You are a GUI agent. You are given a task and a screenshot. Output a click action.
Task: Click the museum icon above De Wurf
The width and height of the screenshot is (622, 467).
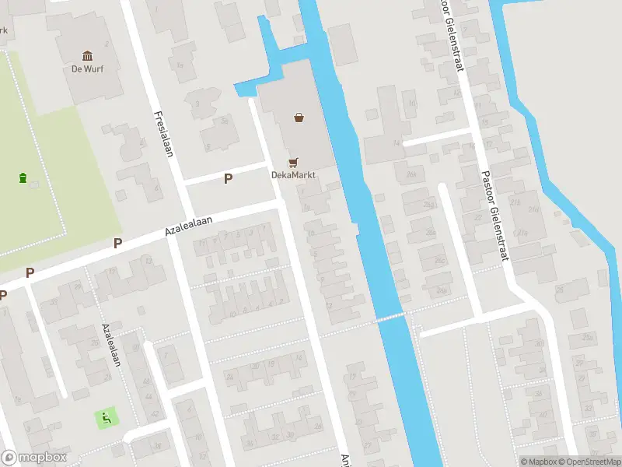(87, 56)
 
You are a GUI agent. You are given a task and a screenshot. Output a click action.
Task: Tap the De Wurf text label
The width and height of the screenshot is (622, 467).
(87, 68)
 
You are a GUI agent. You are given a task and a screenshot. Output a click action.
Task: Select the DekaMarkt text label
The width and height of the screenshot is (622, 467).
(293, 174)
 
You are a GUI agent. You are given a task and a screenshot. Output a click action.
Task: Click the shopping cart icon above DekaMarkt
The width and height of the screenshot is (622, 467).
(293, 163)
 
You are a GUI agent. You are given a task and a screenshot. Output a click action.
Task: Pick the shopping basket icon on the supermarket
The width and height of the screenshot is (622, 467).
(299, 118)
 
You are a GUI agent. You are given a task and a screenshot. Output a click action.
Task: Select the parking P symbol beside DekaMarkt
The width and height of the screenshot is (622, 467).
(228, 179)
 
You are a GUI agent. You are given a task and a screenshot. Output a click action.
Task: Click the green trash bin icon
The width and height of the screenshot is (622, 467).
(23, 177)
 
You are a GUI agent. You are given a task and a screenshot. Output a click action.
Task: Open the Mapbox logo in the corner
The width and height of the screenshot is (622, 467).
(34, 458)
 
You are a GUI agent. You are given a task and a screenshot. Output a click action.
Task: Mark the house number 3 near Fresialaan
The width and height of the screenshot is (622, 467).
(197, 104)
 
